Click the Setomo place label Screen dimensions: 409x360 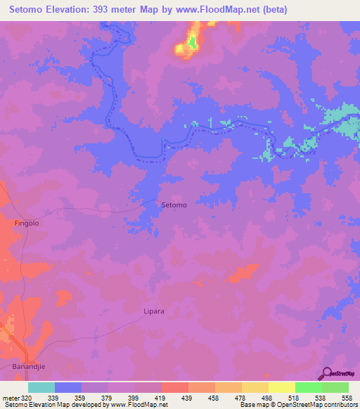(x=174, y=204)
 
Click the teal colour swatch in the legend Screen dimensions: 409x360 (x=41, y=387)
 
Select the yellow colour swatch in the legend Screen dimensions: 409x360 (x=281, y=387)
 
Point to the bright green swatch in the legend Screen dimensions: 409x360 (x=308, y=387)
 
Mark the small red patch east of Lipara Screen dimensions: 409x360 (x=243, y=273)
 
